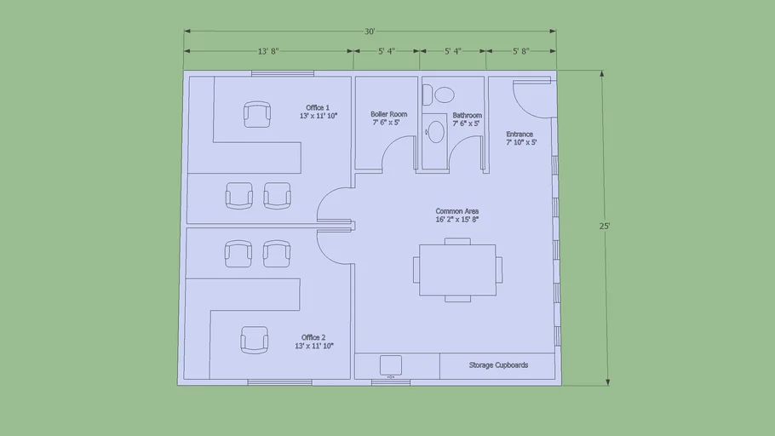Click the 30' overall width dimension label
point(370,32)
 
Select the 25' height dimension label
point(604,227)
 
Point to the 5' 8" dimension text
point(521,51)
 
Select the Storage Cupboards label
point(498,365)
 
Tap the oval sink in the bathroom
point(436,131)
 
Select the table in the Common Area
point(457,270)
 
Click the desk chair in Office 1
point(257,114)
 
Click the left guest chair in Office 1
point(239,196)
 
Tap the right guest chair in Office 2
point(278,253)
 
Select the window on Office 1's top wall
point(278,73)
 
